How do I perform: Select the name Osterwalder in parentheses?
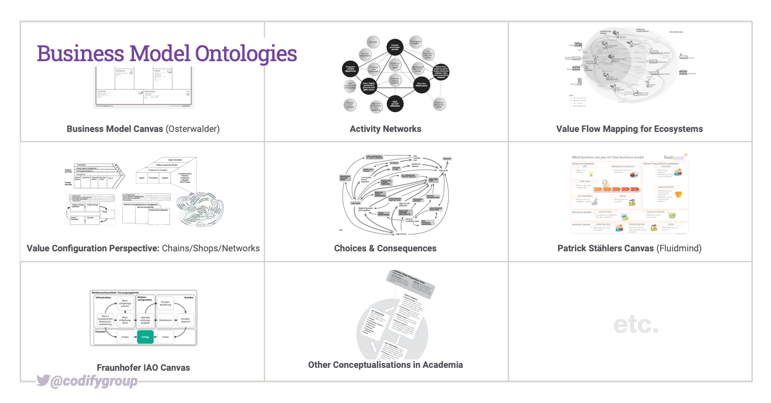tap(192, 129)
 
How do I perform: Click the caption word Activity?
tap(364, 129)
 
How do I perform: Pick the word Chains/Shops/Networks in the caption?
tap(211, 248)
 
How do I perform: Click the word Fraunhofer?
tap(119, 368)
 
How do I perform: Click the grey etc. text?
tap(636, 325)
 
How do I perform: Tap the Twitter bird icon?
tap(43, 380)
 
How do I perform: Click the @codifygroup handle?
tap(94, 381)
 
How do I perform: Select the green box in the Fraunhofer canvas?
tap(145, 337)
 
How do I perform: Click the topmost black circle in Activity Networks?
tap(395, 47)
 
